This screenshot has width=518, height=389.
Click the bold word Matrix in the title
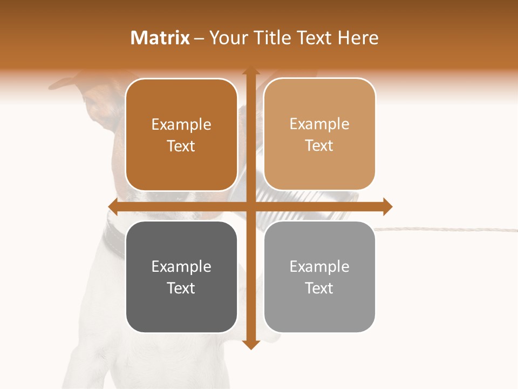160,38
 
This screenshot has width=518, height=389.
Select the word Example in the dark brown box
181,124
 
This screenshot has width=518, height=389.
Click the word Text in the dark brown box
181,146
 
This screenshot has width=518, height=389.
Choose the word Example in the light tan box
319,124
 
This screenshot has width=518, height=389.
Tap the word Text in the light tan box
319,145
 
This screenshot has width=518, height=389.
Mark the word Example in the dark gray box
181,266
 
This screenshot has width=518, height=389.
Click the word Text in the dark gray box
181,288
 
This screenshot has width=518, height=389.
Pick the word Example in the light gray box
319,266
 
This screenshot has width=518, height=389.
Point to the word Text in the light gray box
319,288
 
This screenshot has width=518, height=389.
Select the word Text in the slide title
313,38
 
